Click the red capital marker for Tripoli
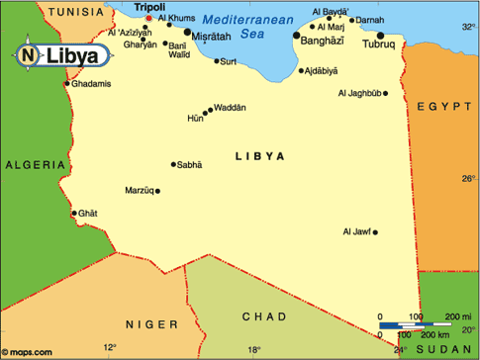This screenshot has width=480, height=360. tap(148, 18)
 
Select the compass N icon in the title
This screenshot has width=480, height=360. tap(27, 54)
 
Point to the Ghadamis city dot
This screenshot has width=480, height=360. tap(67, 83)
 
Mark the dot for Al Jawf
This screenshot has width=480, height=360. tap(375, 232)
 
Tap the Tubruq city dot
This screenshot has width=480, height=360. tap(380, 36)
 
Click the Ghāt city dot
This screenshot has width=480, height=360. tap(74, 213)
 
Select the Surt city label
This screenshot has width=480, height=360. tap(229, 60)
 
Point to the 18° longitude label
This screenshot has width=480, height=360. tap(254, 349)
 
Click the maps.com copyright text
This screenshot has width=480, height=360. tap(28, 351)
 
